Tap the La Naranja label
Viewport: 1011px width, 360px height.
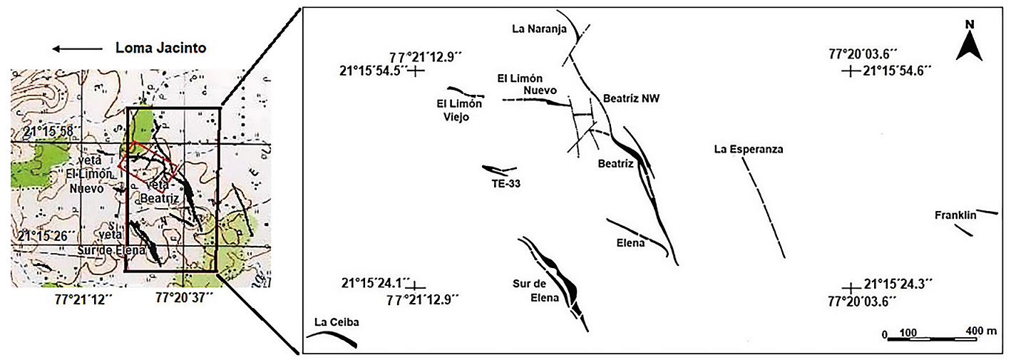538,29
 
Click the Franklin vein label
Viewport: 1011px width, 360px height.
953,215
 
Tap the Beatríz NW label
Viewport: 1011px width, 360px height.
632,99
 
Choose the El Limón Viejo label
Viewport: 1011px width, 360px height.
459,110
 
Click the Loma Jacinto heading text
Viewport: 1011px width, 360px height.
160,48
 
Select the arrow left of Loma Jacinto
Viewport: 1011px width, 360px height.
77,49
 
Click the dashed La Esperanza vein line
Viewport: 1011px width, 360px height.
763,207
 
